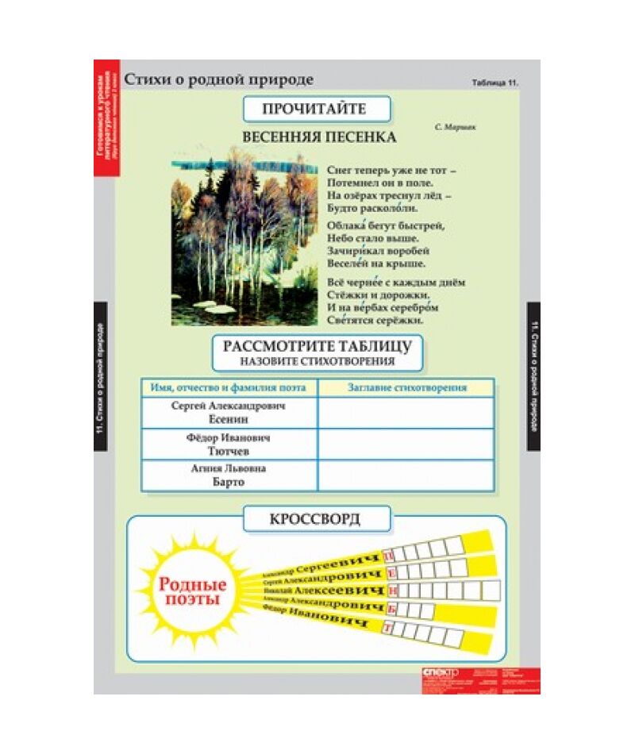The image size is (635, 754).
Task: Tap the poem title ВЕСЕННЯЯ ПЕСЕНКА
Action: click(319, 137)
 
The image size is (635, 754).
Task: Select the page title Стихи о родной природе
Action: click(219, 79)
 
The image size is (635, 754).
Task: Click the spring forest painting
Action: click(244, 236)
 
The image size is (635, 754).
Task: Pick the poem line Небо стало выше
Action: click(372, 237)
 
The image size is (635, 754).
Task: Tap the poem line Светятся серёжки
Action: click(375, 321)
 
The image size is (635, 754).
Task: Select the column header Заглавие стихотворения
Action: click(406, 388)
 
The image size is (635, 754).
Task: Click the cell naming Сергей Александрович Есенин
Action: click(229, 412)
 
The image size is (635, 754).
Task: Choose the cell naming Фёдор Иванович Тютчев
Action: click(229, 444)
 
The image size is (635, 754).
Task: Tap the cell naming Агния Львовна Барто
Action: click(229, 475)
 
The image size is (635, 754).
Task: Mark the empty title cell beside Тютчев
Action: click(406, 444)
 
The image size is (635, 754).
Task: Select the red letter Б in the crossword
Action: click(391, 610)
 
